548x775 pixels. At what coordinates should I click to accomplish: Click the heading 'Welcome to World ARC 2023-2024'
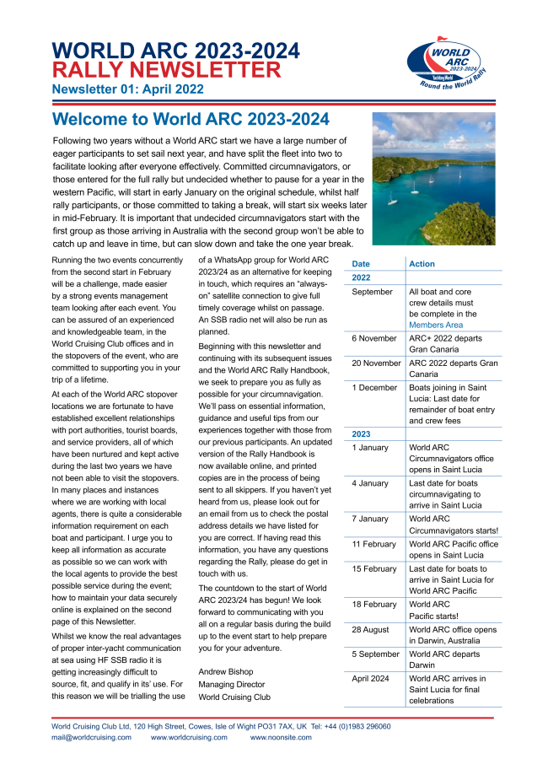point(191,120)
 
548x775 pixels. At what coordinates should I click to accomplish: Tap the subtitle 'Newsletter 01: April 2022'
point(127,89)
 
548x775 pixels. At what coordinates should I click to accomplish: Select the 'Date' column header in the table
point(361,264)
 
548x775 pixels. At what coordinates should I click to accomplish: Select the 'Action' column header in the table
point(422,264)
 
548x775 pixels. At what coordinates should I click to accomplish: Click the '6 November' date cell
point(373,337)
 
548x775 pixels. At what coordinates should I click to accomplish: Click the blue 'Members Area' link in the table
point(436,324)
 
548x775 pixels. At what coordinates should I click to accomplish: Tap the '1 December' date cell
point(373,388)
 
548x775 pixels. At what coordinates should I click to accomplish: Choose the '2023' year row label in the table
point(362,433)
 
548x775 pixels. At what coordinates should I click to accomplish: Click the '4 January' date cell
point(370,483)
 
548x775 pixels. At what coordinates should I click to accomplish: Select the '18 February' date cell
point(373,605)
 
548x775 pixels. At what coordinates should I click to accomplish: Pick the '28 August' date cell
point(371,630)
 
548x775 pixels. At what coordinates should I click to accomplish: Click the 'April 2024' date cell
point(372,679)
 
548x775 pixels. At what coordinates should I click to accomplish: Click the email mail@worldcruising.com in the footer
point(91,738)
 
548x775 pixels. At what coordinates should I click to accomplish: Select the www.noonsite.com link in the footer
point(280,738)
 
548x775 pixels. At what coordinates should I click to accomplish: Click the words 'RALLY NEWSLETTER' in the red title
point(166,70)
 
